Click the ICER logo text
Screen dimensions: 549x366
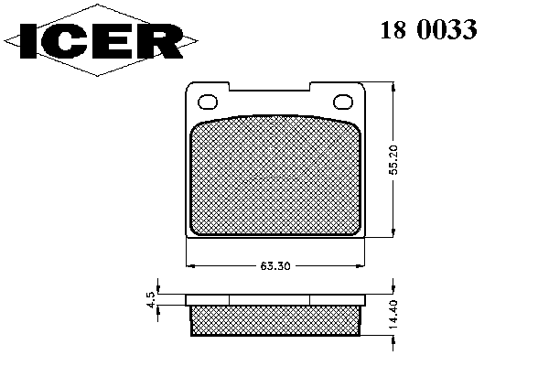coord(102,41)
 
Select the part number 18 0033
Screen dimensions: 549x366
coord(428,29)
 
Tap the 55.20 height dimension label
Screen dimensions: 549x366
coord(393,160)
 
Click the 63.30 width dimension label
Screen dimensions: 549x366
coord(275,266)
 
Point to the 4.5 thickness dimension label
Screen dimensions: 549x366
coord(151,300)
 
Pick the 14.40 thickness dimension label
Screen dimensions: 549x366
coord(393,314)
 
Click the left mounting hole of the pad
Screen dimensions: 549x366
coord(208,102)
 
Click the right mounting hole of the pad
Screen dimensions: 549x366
coord(343,102)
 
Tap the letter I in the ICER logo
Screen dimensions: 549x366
coord(28,41)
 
